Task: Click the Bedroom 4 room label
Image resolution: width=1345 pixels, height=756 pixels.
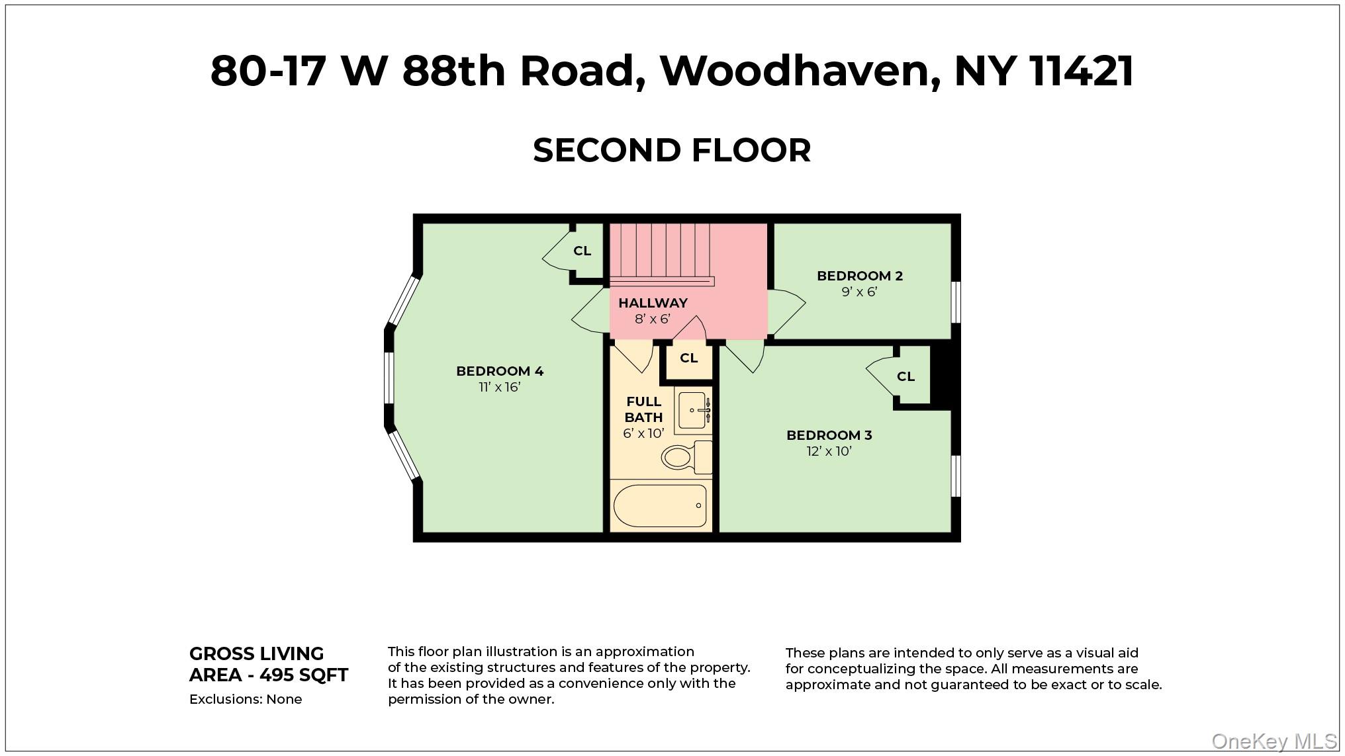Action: pyautogui.click(x=500, y=371)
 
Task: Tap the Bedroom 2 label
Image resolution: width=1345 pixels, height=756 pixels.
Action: pyautogui.click(x=859, y=276)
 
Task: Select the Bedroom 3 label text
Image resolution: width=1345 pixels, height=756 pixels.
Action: pyautogui.click(x=829, y=435)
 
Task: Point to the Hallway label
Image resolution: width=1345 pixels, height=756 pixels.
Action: pyautogui.click(x=653, y=303)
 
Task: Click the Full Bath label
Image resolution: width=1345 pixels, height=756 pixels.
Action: pyautogui.click(x=643, y=409)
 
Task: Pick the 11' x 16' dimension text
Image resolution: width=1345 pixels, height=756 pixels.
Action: pyautogui.click(x=500, y=387)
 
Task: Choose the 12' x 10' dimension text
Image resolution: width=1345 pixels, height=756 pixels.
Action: pyautogui.click(x=829, y=451)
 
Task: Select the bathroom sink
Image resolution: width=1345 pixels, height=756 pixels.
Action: pyautogui.click(x=692, y=410)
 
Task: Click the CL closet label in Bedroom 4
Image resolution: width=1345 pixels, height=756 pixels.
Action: pyautogui.click(x=582, y=251)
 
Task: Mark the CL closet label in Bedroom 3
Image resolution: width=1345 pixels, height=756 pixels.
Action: pyautogui.click(x=905, y=376)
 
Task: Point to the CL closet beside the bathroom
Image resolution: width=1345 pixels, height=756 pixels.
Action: pyautogui.click(x=688, y=358)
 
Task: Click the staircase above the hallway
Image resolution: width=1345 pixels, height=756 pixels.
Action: pyautogui.click(x=659, y=251)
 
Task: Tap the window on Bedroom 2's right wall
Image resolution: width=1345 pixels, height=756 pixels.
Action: pyautogui.click(x=955, y=302)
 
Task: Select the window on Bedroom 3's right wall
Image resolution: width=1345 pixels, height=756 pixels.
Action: pyautogui.click(x=955, y=476)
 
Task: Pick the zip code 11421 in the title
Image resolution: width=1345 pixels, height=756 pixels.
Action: pyautogui.click(x=1082, y=71)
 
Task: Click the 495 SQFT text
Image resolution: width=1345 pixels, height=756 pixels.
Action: pyautogui.click(x=304, y=675)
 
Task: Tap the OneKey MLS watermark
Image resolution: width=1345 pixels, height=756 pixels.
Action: pyautogui.click(x=1274, y=741)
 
